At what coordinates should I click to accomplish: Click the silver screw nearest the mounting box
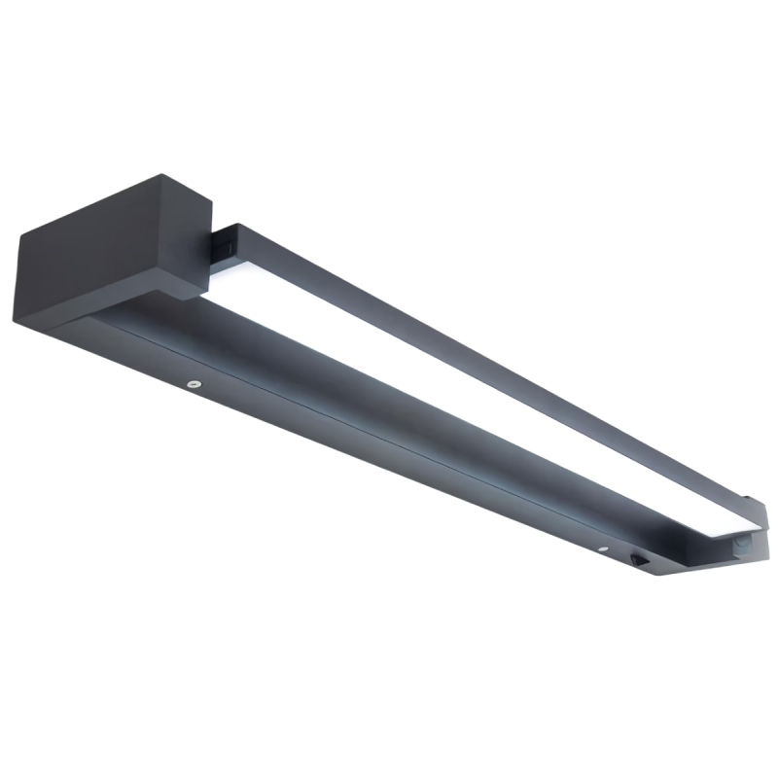(194, 383)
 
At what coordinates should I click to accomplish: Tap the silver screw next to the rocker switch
(604, 550)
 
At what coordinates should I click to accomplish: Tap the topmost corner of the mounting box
(162, 176)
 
